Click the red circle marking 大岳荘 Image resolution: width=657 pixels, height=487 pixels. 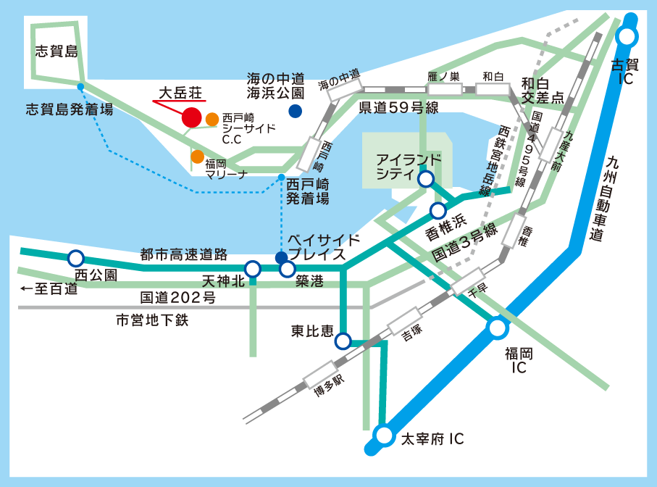pyautogui.click(x=191, y=117)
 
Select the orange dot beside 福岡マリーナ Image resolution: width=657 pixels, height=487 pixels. pyautogui.click(x=197, y=157)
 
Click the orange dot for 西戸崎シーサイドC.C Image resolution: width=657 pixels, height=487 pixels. pyautogui.click(x=212, y=119)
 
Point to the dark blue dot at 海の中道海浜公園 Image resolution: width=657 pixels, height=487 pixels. pyautogui.click(x=295, y=111)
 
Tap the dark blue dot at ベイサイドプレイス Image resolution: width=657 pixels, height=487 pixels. pyautogui.click(x=281, y=257)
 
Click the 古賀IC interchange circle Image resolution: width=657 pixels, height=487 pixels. pyautogui.click(x=627, y=36)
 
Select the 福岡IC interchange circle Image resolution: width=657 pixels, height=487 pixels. pyautogui.click(x=498, y=329)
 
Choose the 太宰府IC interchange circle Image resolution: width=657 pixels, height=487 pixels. pyautogui.click(x=384, y=436)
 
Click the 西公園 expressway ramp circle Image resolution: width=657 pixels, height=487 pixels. pyautogui.click(x=75, y=258)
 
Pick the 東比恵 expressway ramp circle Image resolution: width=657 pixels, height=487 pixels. pyautogui.click(x=343, y=341)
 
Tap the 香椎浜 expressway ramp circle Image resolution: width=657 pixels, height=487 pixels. pyautogui.click(x=438, y=211)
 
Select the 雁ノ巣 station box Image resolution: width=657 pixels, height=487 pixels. pyautogui.click(x=444, y=88)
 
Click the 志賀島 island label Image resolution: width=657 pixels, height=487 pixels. pyautogui.click(x=57, y=51)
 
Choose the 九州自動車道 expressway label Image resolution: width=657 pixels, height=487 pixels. pyautogui.click(x=615, y=200)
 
